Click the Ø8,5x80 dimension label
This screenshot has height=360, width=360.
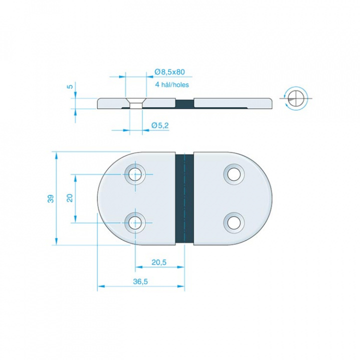[169, 72]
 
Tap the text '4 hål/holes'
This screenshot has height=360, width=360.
[172, 84]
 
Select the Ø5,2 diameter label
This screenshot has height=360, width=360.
[160, 125]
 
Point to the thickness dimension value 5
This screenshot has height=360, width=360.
[70, 86]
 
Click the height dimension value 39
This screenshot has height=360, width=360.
[50, 198]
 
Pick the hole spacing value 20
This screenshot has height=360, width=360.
[69, 198]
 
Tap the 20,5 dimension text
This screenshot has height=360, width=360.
[159, 262]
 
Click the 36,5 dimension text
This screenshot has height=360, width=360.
[140, 281]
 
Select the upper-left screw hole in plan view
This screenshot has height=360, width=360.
[135, 174]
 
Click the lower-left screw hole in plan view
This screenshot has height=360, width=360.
[135, 222]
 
